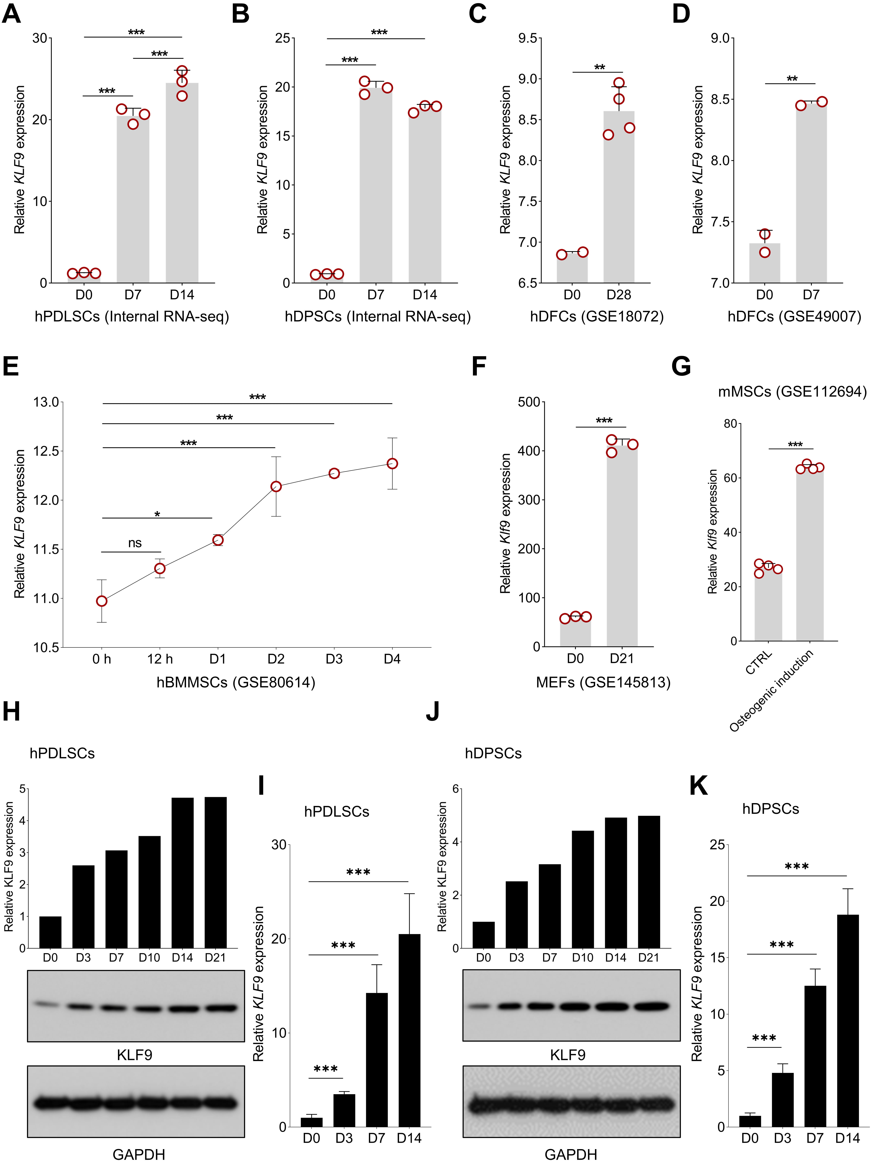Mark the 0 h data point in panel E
102,601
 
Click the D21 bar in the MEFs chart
622,546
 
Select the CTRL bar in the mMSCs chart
768,604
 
